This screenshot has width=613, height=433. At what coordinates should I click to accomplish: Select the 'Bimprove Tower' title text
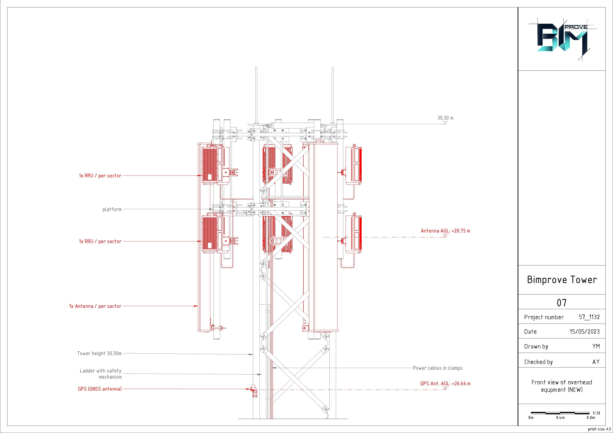562,280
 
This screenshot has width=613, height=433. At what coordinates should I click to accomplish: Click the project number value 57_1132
589,317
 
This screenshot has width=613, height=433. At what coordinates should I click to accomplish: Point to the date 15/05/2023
585,331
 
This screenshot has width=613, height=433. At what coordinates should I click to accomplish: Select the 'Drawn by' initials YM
596,346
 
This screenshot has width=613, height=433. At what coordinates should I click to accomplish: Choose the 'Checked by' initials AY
596,362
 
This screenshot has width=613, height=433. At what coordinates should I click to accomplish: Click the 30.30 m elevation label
445,118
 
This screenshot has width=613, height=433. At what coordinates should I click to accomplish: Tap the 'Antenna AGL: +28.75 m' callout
445,231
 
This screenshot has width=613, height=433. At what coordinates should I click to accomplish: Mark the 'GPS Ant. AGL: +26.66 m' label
445,384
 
